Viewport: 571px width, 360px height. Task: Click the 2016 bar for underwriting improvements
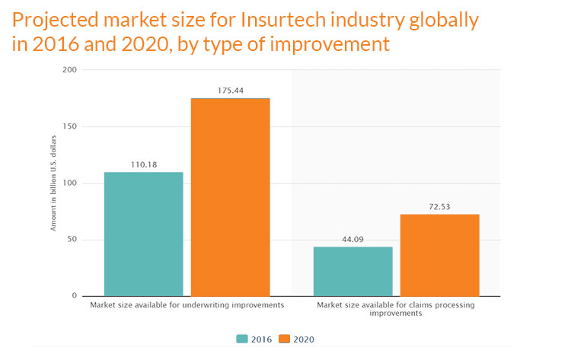[x=143, y=234]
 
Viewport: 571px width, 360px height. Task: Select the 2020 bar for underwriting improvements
[x=230, y=196]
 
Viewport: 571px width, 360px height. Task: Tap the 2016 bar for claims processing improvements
[x=353, y=271]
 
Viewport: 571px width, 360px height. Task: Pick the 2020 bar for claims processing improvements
[x=439, y=255]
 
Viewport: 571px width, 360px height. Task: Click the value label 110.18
[x=143, y=163]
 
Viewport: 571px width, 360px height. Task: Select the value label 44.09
[x=353, y=237]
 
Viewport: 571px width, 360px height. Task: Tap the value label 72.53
[x=439, y=205]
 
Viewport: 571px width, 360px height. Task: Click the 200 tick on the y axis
[x=69, y=71]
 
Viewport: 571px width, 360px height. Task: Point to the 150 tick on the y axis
[x=69, y=127]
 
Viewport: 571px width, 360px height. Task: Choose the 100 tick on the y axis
[x=69, y=183]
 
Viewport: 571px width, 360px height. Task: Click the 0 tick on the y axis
[x=74, y=296]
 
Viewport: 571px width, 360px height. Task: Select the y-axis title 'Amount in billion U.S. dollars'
[x=54, y=183]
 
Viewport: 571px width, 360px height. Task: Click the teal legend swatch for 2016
[x=243, y=339]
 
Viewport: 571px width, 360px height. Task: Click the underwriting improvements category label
[x=187, y=304]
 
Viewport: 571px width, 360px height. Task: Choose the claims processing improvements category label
[x=396, y=308]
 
